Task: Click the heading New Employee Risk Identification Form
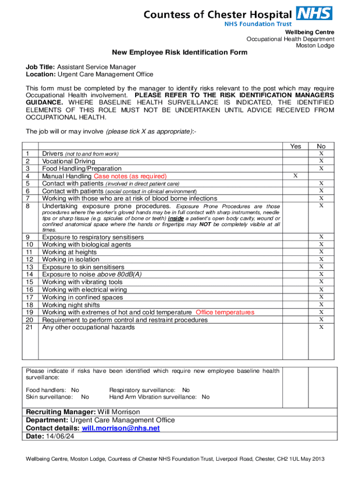point(179,53)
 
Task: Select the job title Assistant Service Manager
point(96,67)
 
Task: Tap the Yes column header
point(295,146)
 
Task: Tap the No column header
point(321,146)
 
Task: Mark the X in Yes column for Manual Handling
point(295,176)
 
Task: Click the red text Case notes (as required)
point(130,176)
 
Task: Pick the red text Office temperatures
point(225,312)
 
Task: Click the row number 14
point(29,275)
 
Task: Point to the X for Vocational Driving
point(321,161)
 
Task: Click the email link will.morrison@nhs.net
point(121,428)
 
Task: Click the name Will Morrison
point(119,412)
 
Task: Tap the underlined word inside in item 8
point(176,218)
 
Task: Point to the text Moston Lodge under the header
point(315,45)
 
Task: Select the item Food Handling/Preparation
point(82,168)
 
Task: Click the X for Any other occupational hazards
point(321,327)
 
